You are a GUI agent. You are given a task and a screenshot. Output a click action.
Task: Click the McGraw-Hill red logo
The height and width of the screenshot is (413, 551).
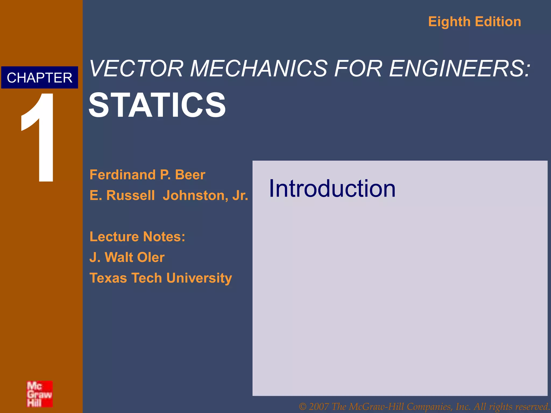40,394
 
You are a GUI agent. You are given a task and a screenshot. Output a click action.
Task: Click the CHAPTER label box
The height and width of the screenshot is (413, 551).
40,78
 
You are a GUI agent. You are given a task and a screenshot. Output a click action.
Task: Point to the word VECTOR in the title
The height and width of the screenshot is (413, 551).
137,69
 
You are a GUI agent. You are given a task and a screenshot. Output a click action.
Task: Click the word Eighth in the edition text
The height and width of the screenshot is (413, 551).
449,22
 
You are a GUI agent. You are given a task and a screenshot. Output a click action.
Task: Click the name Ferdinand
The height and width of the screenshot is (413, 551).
123,175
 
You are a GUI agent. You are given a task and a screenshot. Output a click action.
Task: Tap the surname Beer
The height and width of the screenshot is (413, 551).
190,175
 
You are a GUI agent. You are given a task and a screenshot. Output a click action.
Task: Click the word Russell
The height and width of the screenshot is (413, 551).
130,195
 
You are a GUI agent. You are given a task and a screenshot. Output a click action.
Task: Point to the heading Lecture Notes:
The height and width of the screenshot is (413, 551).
137,237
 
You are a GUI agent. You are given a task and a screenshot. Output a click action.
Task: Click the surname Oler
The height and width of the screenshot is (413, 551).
151,257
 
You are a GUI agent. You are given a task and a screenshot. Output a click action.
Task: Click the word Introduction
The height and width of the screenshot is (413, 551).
332,188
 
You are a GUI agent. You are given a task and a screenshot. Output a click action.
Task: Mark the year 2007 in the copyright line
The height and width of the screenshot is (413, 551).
319,407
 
